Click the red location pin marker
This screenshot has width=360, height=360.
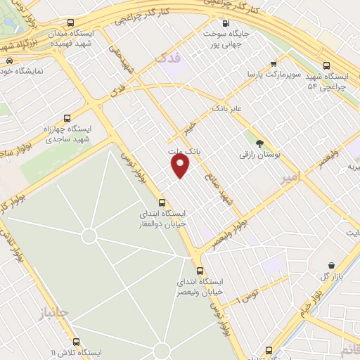click(x=181, y=165)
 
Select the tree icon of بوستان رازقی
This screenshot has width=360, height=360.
click(x=259, y=141)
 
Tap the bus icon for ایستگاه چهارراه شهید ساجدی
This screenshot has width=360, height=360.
click(x=67, y=118)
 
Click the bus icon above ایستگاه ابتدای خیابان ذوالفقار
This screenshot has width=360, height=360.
click(x=163, y=202)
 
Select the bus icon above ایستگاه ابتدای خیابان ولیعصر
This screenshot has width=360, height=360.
click(x=200, y=270)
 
